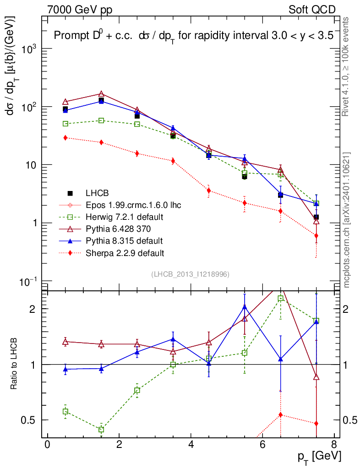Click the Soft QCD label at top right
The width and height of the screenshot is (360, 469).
[x=312, y=10]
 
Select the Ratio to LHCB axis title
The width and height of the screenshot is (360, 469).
[x=14, y=364]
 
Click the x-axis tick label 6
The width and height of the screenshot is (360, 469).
[x=262, y=445]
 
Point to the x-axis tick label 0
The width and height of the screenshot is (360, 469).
[x=47, y=445]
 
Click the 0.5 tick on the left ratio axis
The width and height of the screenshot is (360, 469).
[x=30, y=420]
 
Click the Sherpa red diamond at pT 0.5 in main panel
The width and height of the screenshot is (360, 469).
[x=65, y=138]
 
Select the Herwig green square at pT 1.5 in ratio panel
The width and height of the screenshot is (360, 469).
[x=101, y=430]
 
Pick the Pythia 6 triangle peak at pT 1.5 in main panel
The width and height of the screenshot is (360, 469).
[x=101, y=94]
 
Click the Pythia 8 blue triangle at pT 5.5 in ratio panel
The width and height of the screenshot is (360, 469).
[x=245, y=307]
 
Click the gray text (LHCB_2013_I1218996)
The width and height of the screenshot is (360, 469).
[x=190, y=274]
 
